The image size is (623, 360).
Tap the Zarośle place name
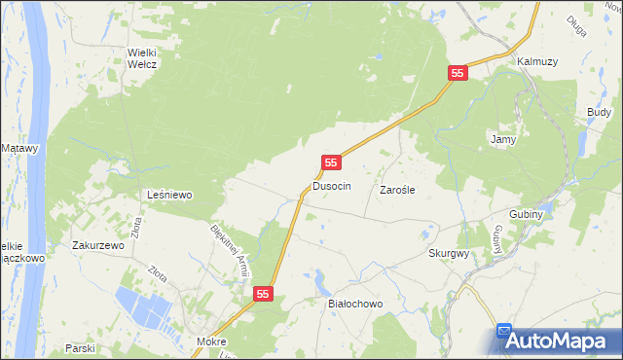[397, 190]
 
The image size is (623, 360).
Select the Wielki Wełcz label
[142, 58]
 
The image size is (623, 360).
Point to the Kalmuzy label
[537, 61]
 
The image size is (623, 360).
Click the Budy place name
[599, 113]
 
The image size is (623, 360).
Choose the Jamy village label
[502, 140]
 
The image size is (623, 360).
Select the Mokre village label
[210, 342]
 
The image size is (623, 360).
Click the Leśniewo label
[169, 195]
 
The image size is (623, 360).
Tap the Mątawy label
[19, 148]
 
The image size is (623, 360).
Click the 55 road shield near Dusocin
[332, 162]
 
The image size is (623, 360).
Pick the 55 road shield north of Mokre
[264, 293]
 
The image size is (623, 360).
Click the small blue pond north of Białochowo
[322, 282]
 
